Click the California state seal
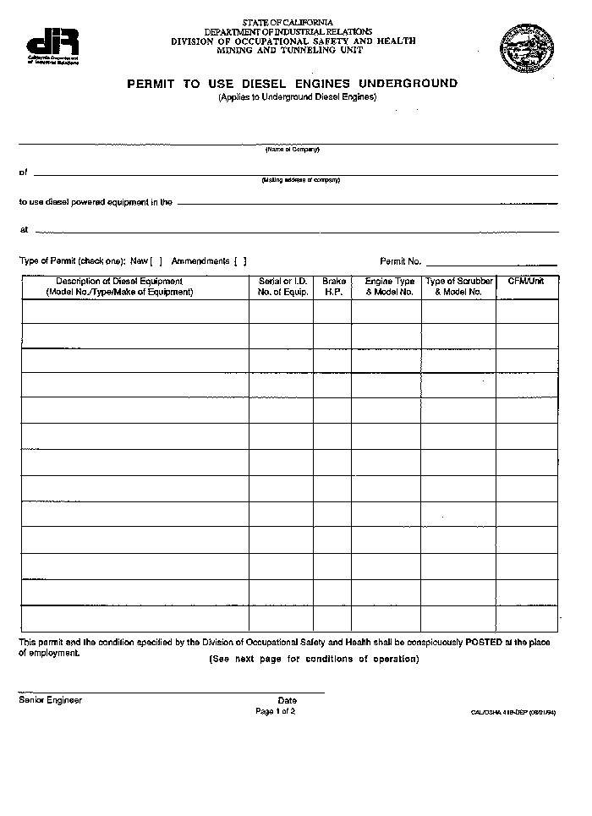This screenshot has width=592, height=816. (x=526, y=47)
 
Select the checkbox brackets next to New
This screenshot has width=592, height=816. (x=156, y=261)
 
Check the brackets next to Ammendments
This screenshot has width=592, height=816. (x=240, y=261)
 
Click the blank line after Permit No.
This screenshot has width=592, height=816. (x=491, y=263)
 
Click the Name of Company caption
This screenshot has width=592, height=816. (x=292, y=150)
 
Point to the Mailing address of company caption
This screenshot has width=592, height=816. (x=300, y=180)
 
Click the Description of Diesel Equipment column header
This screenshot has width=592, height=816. (x=119, y=287)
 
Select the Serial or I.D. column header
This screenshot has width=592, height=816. (x=282, y=287)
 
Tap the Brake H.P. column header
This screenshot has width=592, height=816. (x=333, y=287)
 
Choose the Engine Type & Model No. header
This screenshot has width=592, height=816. (x=389, y=287)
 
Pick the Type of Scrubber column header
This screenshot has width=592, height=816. (x=458, y=287)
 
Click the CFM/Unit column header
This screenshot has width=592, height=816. (x=526, y=282)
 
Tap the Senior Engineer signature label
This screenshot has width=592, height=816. (x=51, y=700)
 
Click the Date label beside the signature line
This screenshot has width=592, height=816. (x=287, y=700)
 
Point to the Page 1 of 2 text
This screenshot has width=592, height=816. (x=275, y=711)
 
